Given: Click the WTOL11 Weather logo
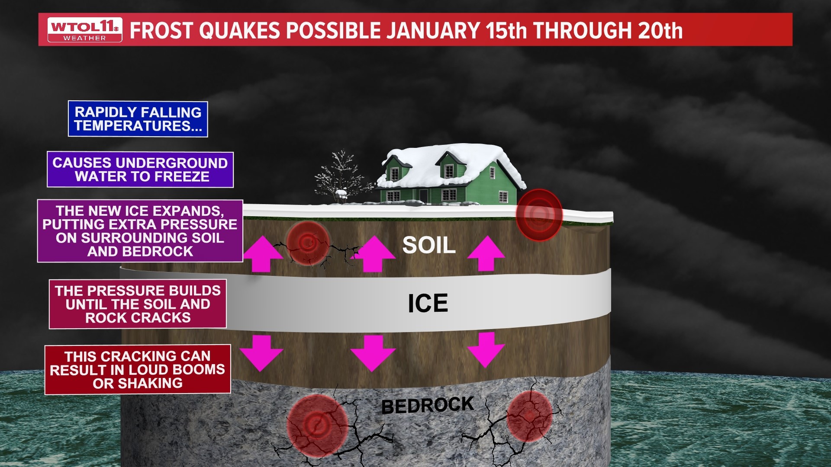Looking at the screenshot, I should pyautogui.click(x=84, y=30).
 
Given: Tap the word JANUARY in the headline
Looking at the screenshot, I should pyautogui.click(x=433, y=30).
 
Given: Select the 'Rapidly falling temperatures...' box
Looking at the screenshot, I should pyautogui.click(x=138, y=119).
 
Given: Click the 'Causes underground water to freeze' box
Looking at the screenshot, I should pyautogui.click(x=140, y=170).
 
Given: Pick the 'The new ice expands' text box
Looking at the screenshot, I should pyautogui.click(x=140, y=231).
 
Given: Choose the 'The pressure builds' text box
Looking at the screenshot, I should pyautogui.click(x=138, y=304).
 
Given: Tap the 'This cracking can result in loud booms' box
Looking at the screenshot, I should pyautogui.click(x=138, y=370).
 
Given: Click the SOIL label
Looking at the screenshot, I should pyautogui.click(x=429, y=245).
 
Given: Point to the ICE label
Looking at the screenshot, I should pyautogui.click(x=428, y=303).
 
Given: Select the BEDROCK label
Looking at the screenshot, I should pyautogui.click(x=427, y=406).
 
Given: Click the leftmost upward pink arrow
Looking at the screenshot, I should pyautogui.click(x=262, y=254).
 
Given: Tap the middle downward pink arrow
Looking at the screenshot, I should pyautogui.click(x=373, y=352).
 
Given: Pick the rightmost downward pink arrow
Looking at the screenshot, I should pyautogui.click(x=486, y=349).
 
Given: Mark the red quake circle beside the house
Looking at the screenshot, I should pyautogui.click(x=539, y=214).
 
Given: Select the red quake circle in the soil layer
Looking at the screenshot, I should pyautogui.click(x=308, y=243).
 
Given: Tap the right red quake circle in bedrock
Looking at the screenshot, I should pyautogui.click(x=529, y=416).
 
